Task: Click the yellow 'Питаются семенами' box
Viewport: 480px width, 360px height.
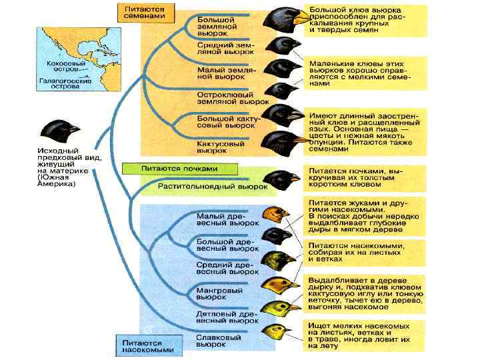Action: coord(145,15)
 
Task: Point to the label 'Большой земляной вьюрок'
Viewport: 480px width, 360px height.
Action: coord(216,26)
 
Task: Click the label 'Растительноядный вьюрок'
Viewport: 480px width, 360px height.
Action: coord(212,187)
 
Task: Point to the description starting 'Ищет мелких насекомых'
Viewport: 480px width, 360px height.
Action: coord(364,335)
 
